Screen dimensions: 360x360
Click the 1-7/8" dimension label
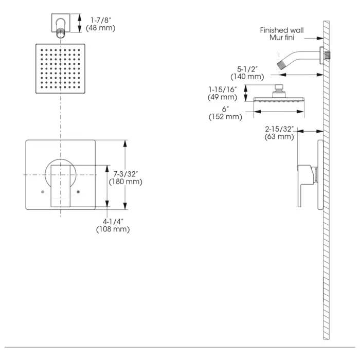tap(100, 20)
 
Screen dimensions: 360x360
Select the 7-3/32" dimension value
tap(125, 174)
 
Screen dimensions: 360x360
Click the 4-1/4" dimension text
tap(113, 221)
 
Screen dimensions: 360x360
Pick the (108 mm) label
tap(113, 229)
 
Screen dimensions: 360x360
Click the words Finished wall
tap(281, 30)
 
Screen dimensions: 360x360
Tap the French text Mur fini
tap(286, 38)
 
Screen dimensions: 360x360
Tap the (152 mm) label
tap(225, 117)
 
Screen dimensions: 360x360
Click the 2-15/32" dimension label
tap(280, 129)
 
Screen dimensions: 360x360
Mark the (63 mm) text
tap(279, 137)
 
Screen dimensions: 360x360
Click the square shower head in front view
tap(61, 68)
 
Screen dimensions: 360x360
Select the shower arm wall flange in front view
tap(61, 22)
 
